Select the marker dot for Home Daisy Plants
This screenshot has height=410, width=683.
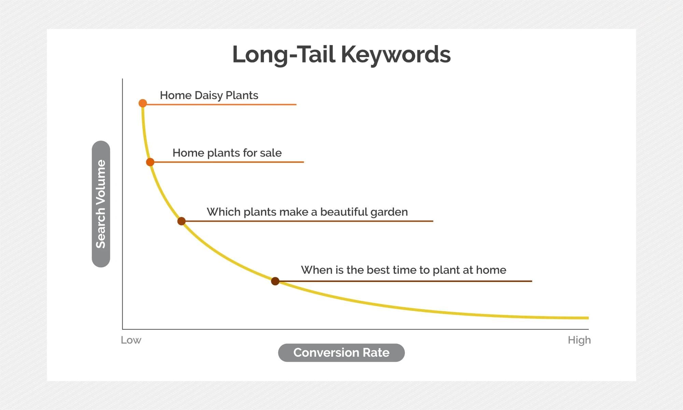[143, 103]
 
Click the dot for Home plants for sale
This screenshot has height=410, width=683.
[150, 162]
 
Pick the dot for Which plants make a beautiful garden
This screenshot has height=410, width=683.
[181, 221]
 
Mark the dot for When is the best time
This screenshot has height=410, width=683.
[275, 281]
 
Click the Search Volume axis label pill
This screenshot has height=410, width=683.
[101, 204]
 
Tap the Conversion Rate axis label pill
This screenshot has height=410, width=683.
[341, 353]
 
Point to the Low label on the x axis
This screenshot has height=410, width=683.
[131, 340]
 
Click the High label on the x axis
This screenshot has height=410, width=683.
[579, 340]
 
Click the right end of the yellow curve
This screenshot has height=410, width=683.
[587, 318]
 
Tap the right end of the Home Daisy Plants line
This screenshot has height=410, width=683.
[295, 105]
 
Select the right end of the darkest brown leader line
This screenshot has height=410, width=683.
[531, 281]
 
